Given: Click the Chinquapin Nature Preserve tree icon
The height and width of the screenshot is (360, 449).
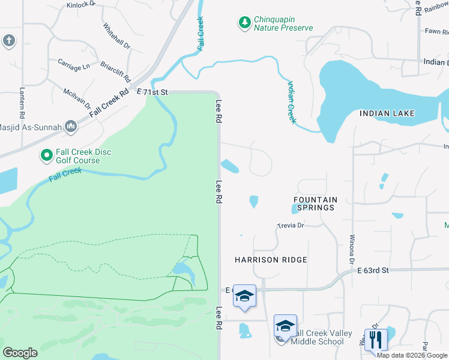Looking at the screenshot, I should coord(244,23).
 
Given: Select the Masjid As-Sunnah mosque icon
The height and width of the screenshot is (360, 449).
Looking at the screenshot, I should coord(71,125).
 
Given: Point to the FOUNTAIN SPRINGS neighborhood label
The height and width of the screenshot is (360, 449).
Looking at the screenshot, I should coord(315,203).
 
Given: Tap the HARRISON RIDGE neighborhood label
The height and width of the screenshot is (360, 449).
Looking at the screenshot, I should coord(271,260).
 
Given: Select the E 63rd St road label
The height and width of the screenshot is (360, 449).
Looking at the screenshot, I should coord(373,271).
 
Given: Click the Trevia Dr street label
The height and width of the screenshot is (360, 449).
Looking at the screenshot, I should coord(291,226).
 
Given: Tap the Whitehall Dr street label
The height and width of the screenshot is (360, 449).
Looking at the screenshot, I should coord(116,36).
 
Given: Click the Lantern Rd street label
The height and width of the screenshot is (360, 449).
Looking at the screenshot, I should coord(22,107).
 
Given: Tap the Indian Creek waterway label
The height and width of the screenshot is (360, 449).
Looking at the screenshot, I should coord(291,102).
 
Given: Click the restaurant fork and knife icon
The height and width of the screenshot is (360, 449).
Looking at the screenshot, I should coord(376,339).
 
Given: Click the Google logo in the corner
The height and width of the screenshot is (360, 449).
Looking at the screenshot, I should coord(20,352).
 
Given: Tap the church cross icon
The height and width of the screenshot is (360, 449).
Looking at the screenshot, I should coord(8,40).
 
